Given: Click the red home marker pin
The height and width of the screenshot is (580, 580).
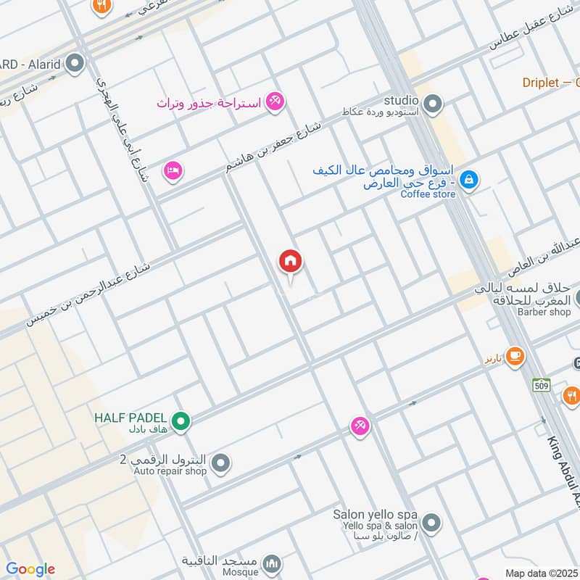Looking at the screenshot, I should [291, 262].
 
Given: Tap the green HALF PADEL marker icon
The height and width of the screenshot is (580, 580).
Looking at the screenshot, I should [181, 420].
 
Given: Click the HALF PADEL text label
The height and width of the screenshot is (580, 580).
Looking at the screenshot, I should [131, 418].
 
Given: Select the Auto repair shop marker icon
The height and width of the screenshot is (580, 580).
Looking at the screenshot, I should [221, 462].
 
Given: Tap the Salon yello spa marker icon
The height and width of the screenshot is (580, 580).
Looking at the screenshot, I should [431, 522].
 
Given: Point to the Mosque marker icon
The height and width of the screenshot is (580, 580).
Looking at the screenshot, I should [272, 563].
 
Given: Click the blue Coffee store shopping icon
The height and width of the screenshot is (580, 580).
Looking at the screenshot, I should [469, 179].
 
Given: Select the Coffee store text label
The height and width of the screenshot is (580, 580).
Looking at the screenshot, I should [428, 194].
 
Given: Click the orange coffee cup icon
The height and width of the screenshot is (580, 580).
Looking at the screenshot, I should [515, 356].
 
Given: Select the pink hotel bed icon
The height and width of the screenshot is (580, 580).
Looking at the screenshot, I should [173, 170].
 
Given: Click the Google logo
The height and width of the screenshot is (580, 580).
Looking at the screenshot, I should [30, 569].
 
